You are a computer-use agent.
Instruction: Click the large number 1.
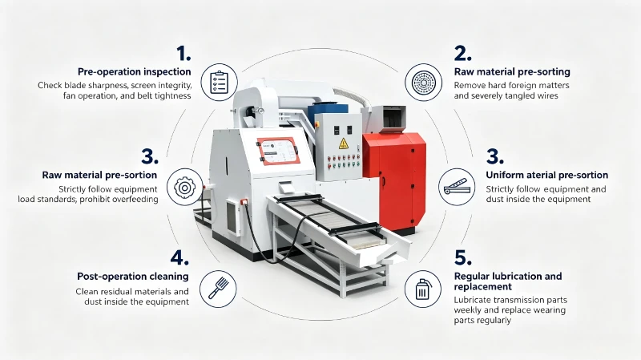(x=183, y=54)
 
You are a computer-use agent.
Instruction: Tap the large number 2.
(x=462, y=54)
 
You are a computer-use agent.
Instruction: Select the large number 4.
(x=179, y=257)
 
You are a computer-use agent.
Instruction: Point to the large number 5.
(x=463, y=257)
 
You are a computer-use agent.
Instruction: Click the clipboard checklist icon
(x=219, y=83)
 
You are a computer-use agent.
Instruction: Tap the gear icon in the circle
(x=185, y=188)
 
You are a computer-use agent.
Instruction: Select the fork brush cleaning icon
(x=218, y=289)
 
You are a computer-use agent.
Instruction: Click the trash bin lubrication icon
(x=422, y=289)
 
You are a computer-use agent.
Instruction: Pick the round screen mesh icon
(x=424, y=83)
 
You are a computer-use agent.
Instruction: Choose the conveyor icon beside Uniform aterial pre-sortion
(x=457, y=188)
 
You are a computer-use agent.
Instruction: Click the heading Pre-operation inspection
(x=135, y=72)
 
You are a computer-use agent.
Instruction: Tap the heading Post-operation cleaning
(x=133, y=277)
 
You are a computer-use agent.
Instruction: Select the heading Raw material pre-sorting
(x=512, y=72)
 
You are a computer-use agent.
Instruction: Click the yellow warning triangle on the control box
(x=344, y=144)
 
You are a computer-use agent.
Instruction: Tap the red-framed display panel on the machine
(x=278, y=151)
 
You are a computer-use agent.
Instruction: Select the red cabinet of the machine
(x=396, y=180)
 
